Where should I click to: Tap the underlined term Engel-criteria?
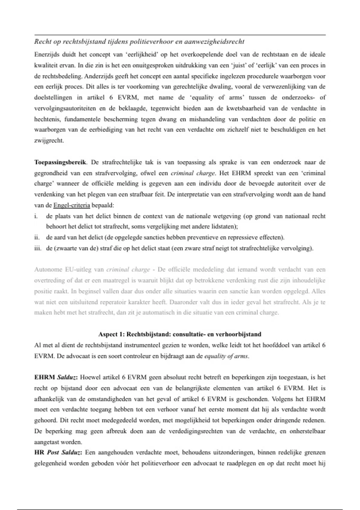72,205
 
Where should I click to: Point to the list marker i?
36,216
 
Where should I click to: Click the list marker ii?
37,238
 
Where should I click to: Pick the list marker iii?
37,248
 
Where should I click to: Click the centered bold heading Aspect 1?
180,334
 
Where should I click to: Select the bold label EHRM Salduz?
56,377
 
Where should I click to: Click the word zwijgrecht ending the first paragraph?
49,141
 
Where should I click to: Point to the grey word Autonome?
48,269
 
